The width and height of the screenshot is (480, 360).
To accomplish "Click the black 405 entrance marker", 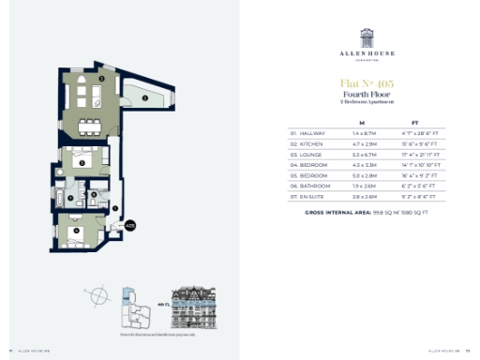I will pyautogui.click(x=130, y=226).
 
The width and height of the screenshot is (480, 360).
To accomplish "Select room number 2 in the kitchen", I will pyautogui.click(x=146, y=97).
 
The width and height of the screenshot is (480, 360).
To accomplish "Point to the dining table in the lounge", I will pyautogui.click(x=90, y=124).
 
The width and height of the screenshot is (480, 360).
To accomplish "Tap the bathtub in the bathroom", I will pyautogui.click(x=63, y=199).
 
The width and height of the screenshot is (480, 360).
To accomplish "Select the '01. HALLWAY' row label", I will pyautogui.click(x=307, y=134).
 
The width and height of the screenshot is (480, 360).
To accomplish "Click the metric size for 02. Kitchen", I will pyautogui.click(x=361, y=144).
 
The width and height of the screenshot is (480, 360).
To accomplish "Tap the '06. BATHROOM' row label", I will pyautogui.click(x=308, y=186).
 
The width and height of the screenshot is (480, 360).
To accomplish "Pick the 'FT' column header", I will pyautogui.click(x=414, y=122).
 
